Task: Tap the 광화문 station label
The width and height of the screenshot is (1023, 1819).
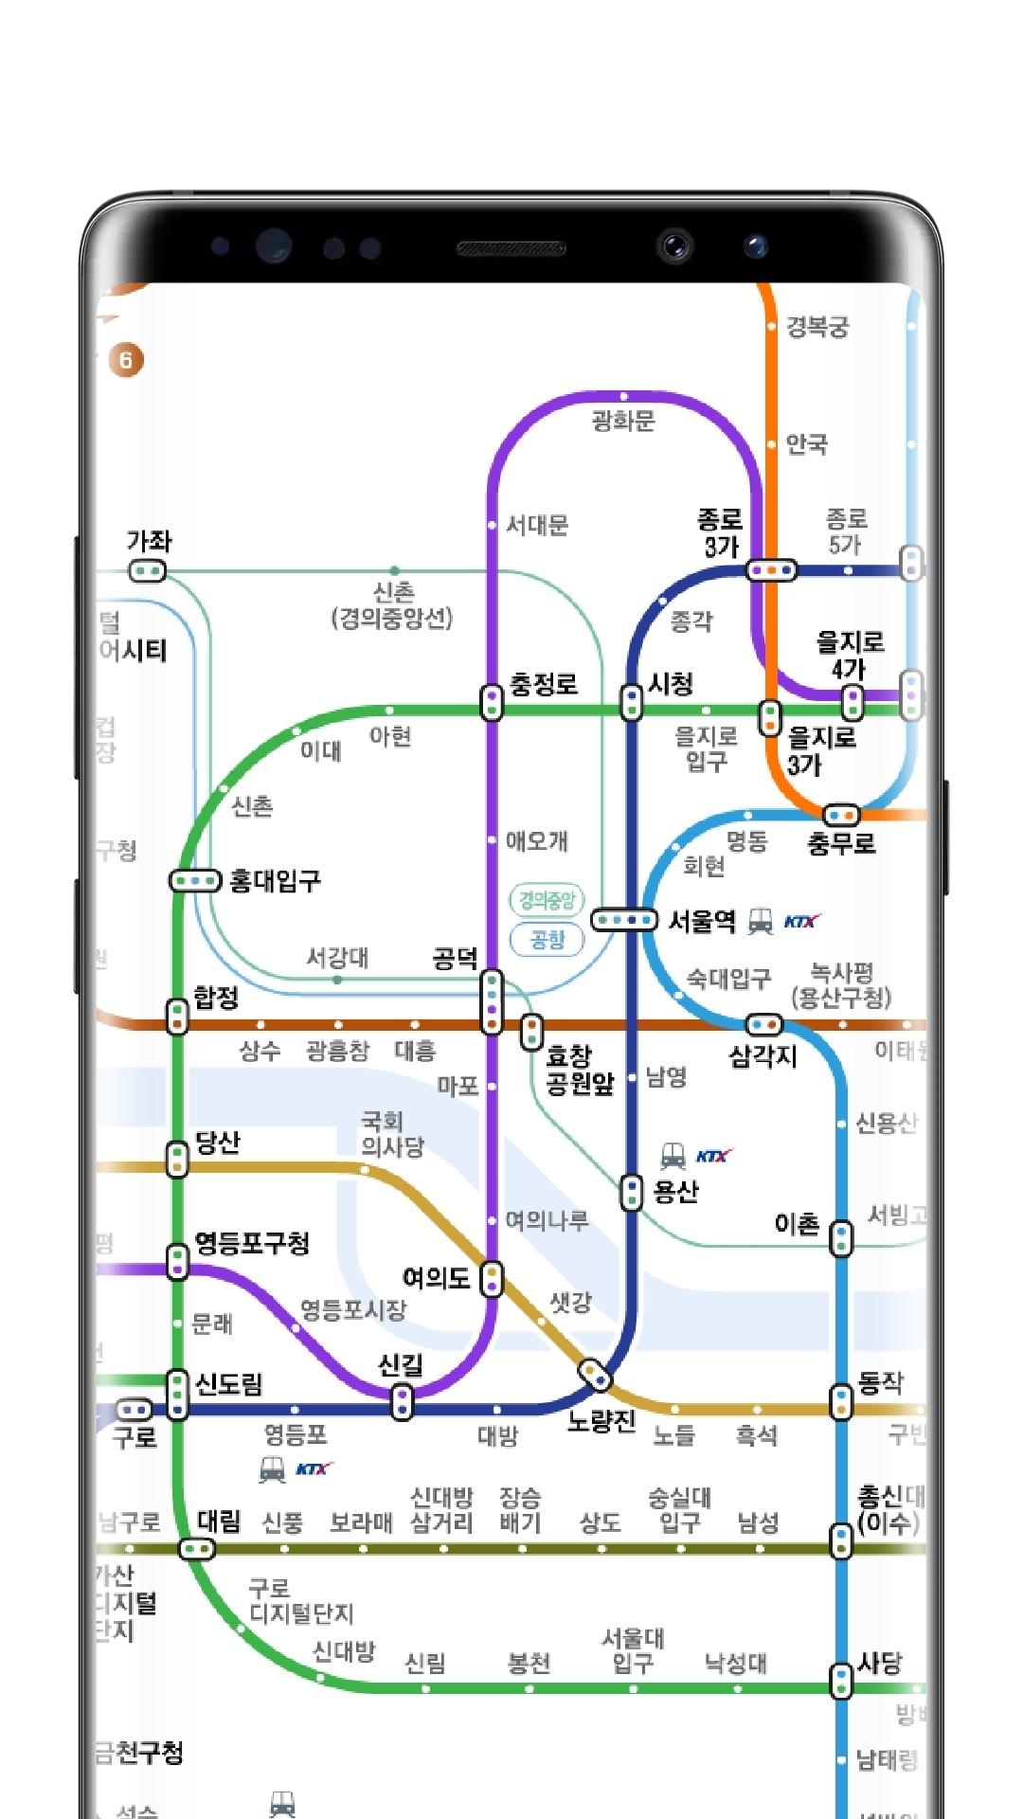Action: click(x=623, y=421)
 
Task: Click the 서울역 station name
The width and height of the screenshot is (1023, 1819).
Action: click(x=702, y=921)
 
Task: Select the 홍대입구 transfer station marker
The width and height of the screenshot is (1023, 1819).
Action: click(x=195, y=881)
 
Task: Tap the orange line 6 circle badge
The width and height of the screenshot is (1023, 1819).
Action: click(x=126, y=360)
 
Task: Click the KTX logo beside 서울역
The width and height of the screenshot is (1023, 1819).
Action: click(x=801, y=921)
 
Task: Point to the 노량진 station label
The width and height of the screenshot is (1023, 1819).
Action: click(x=601, y=1421)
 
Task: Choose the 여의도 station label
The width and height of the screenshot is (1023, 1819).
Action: click(x=436, y=1278)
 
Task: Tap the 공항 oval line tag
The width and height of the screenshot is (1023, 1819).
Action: click(x=547, y=940)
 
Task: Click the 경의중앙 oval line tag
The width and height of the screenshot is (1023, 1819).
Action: click(x=547, y=900)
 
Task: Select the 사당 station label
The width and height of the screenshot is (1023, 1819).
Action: click(x=880, y=1663)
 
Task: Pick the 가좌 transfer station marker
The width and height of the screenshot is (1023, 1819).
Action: click(x=148, y=571)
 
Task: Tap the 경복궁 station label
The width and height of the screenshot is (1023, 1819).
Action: click(x=817, y=328)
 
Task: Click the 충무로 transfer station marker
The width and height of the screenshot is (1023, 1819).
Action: click(x=841, y=815)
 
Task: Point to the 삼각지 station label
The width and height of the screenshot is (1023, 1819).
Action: click(x=763, y=1055)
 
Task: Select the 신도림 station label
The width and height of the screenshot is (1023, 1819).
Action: click(x=229, y=1384)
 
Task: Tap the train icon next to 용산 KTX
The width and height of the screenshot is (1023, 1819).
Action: click(x=673, y=1156)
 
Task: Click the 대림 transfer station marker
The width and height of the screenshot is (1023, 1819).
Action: click(x=197, y=1550)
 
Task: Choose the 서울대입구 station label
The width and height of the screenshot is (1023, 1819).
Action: click(x=633, y=1650)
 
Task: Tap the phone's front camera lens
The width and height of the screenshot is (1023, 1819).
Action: click(x=674, y=247)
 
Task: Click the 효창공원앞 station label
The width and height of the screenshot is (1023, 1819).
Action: click(x=580, y=1070)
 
